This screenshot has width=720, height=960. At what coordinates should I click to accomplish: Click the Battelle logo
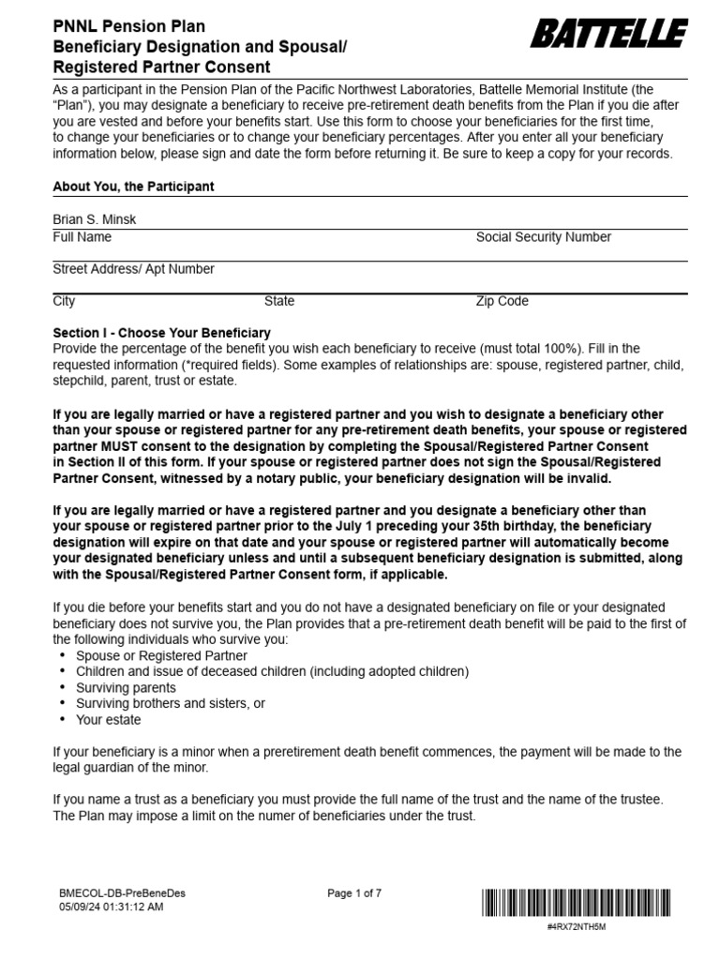[608, 36]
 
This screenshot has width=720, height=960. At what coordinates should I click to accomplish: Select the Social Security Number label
[543, 238]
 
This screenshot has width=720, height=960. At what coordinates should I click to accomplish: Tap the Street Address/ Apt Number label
[133, 270]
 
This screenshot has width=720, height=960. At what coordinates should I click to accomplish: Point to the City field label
[64, 302]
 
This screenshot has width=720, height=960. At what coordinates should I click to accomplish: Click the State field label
[278, 302]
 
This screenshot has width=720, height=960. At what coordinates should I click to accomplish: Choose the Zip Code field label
[502, 302]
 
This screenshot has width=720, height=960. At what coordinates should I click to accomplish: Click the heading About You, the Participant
[133, 187]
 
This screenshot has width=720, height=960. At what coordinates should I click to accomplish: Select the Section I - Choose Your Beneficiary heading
[161, 333]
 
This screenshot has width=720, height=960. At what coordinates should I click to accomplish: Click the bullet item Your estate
[109, 720]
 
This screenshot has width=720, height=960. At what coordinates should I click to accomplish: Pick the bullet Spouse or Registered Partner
[161, 655]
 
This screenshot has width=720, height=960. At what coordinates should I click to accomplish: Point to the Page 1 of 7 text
[354, 893]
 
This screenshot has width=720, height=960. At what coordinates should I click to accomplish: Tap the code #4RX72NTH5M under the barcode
[576, 926]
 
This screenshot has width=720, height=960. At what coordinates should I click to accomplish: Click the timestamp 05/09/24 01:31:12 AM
[112, 907]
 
